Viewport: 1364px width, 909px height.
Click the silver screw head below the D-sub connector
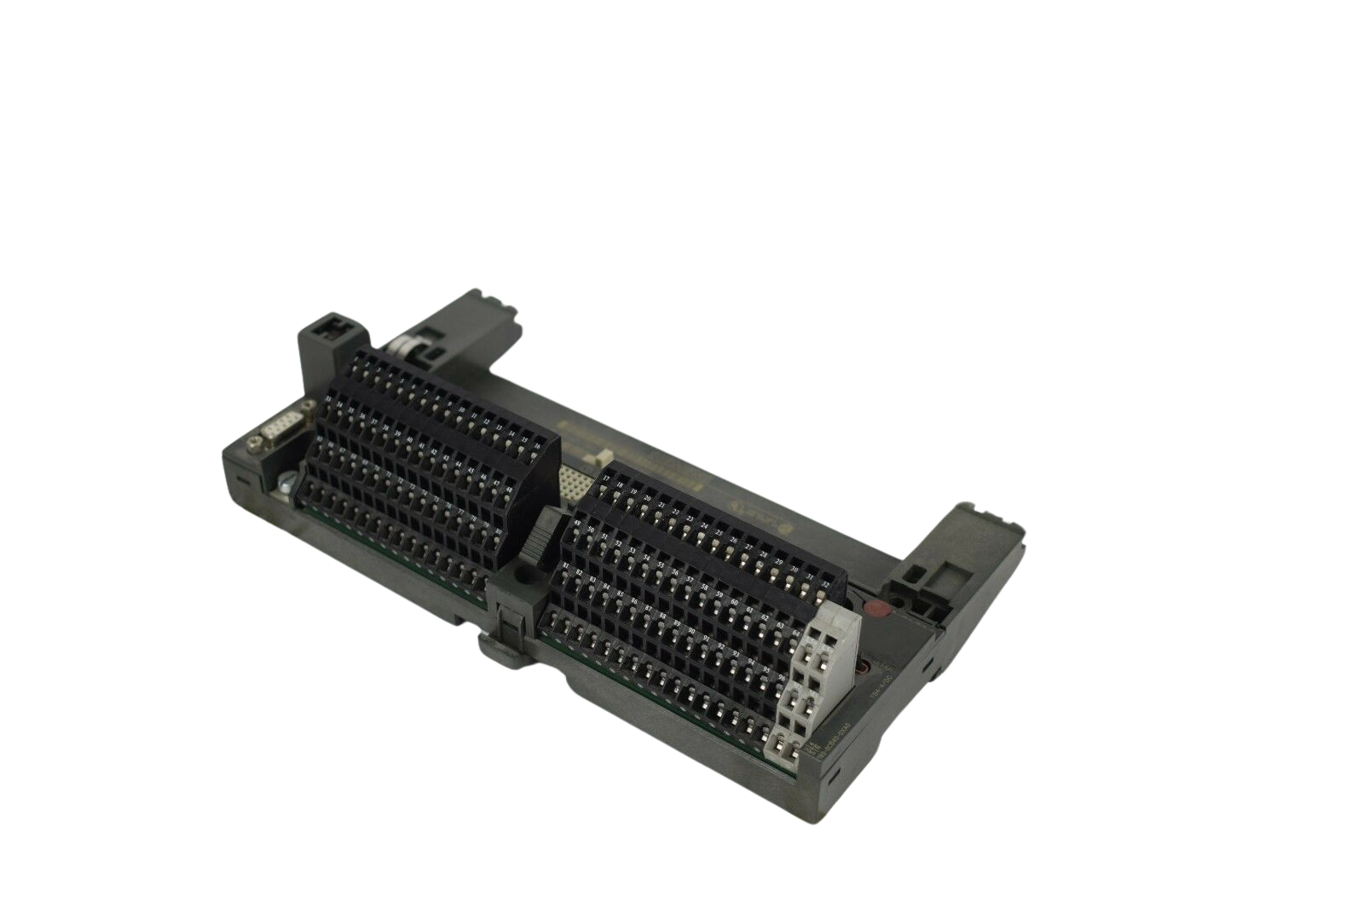point(284,483)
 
